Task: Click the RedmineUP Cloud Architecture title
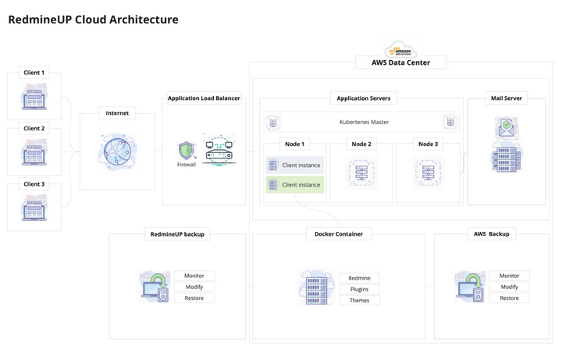93,20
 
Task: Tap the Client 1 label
34,73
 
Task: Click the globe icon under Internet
117,151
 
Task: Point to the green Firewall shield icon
187,150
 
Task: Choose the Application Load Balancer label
204,98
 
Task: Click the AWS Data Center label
401,62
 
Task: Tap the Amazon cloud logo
401,48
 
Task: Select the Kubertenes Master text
364,122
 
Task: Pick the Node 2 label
361,144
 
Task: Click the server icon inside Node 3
428,172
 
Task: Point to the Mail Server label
507,98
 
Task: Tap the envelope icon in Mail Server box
506,127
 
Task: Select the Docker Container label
338,233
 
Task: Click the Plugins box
359,289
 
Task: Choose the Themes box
359,301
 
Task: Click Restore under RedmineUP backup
194,298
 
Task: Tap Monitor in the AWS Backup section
509,276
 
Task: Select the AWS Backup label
491,233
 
